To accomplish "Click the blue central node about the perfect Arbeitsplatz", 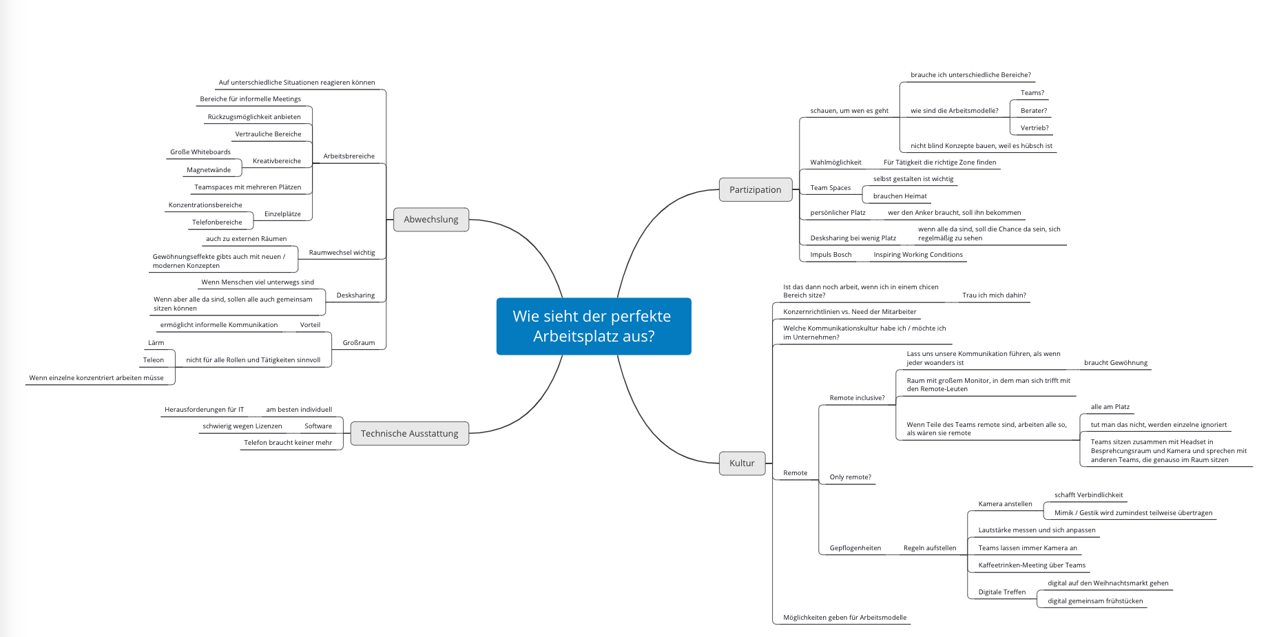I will click(x=593, y=326).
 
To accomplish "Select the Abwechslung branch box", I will click(x=431, y=220).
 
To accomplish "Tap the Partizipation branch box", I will click(x=755, y=190).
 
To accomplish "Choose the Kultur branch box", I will click(x=742, y=463).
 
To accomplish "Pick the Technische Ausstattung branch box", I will click(x=409, y=434).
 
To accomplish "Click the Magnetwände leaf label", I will click(x=209, y=170).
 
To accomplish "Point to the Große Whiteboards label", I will click(x=200, y=152).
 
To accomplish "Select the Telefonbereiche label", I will click(x=217, y=222).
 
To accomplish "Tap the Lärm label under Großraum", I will click(x=156, y=343).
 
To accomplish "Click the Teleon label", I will click(x=154, y=360).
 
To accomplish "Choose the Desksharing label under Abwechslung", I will click(x=355, y=295).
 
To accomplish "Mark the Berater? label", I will click(x=1033, y=111).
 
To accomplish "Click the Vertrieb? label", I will click(x=1035, y=128).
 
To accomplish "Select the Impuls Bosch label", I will click(x=831, y=255).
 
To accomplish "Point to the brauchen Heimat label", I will click(x=900, y=196).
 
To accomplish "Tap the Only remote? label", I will click(x=850, y=477).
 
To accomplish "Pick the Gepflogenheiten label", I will click(x=855, y=548).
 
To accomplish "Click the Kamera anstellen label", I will click(x=1005, y=504).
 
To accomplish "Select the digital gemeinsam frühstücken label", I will click(x=1095, y=601).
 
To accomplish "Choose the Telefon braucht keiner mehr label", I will click(x=288, y=443).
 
